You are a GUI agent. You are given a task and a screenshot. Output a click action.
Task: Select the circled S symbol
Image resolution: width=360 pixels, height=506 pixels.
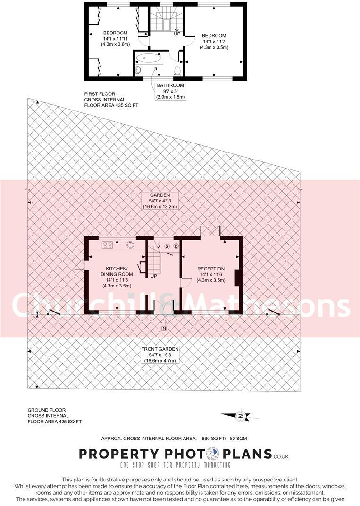[x=167, y=246]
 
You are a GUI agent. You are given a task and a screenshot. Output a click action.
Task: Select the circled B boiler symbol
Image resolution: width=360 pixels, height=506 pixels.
[x=176, y=246]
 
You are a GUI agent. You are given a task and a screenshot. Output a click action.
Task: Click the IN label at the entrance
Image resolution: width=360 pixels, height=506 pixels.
[x=164, y=328]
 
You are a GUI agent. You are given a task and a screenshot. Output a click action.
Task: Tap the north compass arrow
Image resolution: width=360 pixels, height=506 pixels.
[x=241, y=416]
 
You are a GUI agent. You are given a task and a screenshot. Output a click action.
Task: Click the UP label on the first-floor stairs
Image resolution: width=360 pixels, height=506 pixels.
[x=177, y=34]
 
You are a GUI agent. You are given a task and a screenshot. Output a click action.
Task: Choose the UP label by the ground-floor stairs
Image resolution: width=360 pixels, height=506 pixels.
[x=153, y=276]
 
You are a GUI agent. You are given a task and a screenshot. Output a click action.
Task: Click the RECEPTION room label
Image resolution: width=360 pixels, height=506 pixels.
[x=211, y=268]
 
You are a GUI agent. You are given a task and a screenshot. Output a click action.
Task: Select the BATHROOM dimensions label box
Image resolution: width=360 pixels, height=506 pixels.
[x=171, y=91]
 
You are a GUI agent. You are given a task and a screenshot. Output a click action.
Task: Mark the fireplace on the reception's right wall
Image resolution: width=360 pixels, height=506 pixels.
[x=238, y=277]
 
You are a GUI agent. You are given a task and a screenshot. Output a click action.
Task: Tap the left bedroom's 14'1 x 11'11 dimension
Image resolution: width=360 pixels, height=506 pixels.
[x=116, y=38]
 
